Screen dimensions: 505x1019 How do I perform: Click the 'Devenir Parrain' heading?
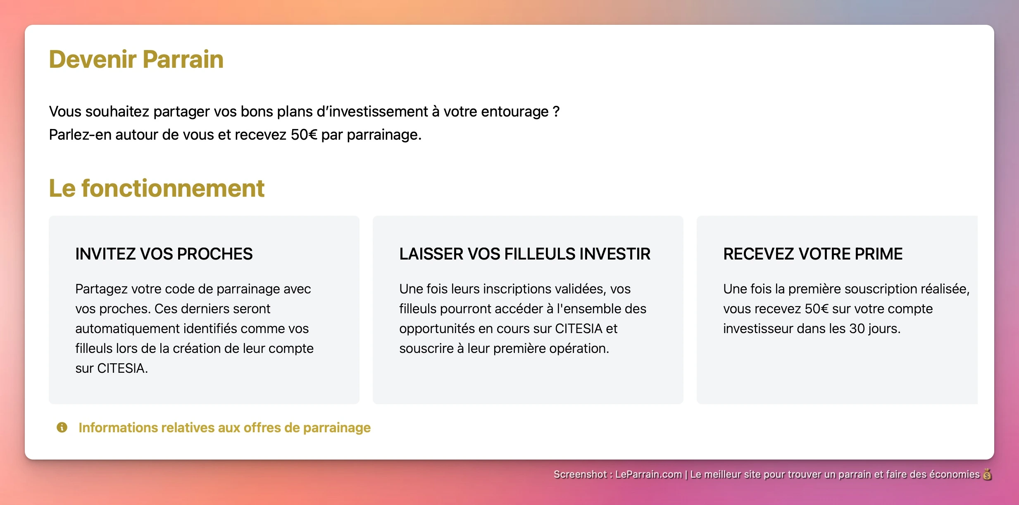[136, 59]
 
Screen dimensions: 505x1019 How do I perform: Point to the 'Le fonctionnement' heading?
[156, 188]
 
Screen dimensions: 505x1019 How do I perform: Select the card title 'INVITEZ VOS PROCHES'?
[164, 254]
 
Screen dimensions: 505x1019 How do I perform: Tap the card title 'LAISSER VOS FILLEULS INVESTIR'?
[524, 254]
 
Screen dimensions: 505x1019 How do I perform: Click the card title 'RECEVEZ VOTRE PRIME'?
[812, 254]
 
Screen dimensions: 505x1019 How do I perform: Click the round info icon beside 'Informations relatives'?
[62, 427]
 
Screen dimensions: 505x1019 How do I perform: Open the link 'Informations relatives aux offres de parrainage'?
[224, 428]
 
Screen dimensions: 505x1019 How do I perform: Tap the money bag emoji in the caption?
[987, 474]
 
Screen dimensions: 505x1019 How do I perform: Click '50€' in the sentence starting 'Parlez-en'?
[304, 135]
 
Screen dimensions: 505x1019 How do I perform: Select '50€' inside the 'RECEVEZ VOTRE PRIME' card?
[817, 309]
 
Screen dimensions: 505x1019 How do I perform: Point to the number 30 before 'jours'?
[857, 329]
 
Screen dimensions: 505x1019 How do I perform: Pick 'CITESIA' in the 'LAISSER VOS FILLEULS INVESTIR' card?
[579, 329]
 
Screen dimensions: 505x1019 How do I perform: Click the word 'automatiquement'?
[127, 329]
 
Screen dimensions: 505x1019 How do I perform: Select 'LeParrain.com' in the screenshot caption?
[648, 474]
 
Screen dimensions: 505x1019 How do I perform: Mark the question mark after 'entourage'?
[556, 112]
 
